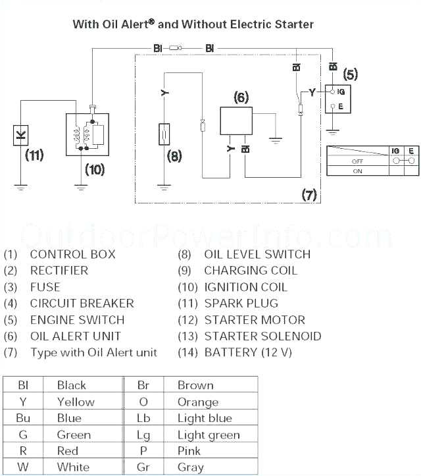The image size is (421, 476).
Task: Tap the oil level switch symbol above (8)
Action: [x=164, y=136]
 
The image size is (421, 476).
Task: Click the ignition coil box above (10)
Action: [x=87, y=134]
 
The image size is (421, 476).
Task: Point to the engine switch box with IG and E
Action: [x=337, y=97]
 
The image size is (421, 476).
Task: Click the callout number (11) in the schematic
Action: [x=34, y=155]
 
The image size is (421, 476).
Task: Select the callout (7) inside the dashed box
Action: [x=309, y=195]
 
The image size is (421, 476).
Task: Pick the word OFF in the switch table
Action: [x=357, y=161]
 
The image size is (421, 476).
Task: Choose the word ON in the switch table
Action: [x=357, y=171]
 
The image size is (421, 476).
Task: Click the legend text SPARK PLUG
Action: [x=241, y=304]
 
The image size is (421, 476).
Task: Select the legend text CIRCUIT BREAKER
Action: [x=82, y=304]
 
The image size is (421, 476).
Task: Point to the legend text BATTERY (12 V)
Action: [x=248, y=352]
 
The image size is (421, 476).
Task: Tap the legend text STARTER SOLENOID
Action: [x=262, y=336]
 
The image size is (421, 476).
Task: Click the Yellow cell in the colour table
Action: [x=76, y=402]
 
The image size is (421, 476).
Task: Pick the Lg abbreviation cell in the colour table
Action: [x=143, y=435]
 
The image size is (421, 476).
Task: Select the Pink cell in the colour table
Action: [x=189, y=451]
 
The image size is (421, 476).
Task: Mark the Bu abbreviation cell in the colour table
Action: [x=23, y=418]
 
